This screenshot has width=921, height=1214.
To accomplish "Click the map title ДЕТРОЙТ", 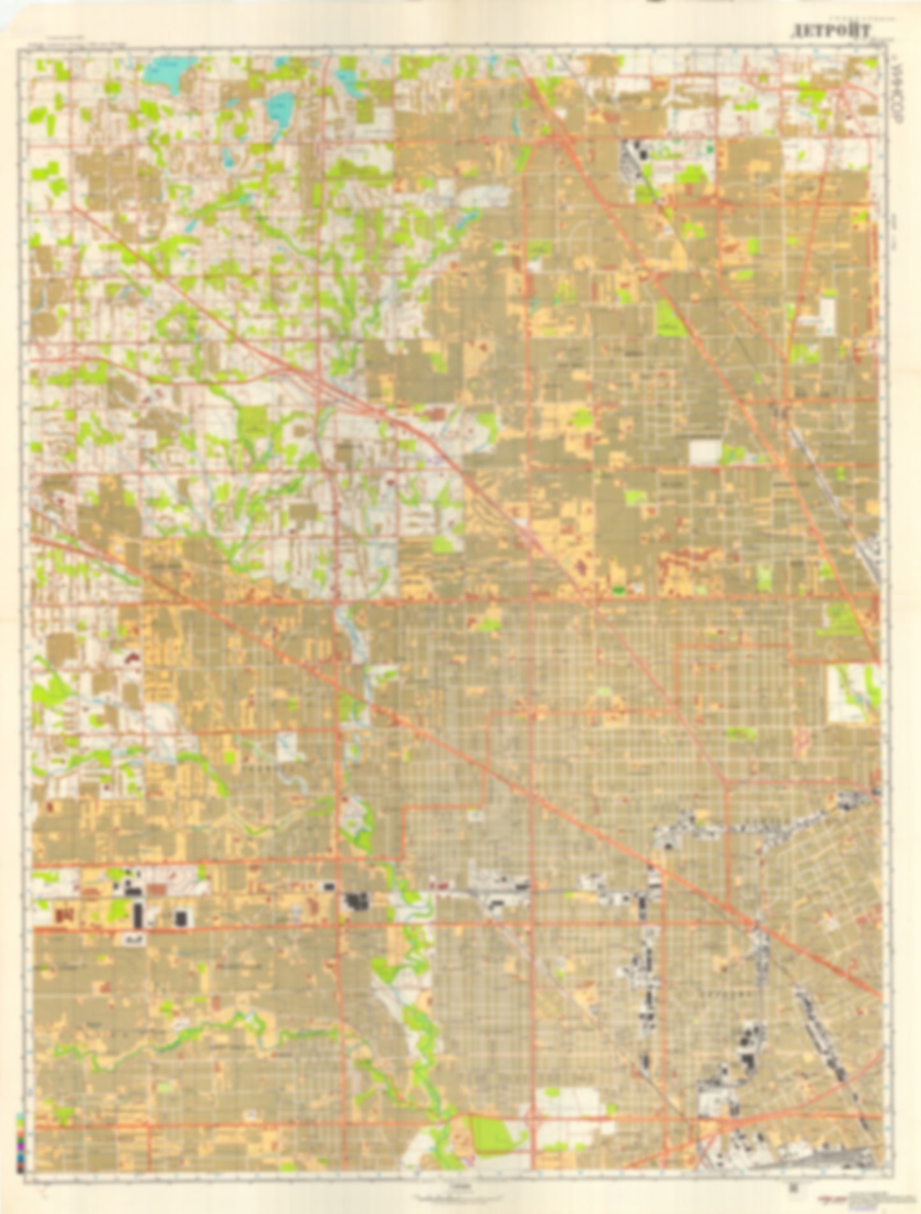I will tap(829, 31).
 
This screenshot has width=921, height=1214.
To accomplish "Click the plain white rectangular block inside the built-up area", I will tap(705, 452).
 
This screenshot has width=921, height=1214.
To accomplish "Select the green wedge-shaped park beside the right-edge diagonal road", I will tap(841, 619).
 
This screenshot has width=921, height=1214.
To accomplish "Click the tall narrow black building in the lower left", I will tap(138, 915).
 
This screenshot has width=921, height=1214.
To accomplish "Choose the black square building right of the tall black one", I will tap(181, 917).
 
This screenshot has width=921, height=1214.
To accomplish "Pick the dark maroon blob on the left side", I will tap(134, 656).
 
